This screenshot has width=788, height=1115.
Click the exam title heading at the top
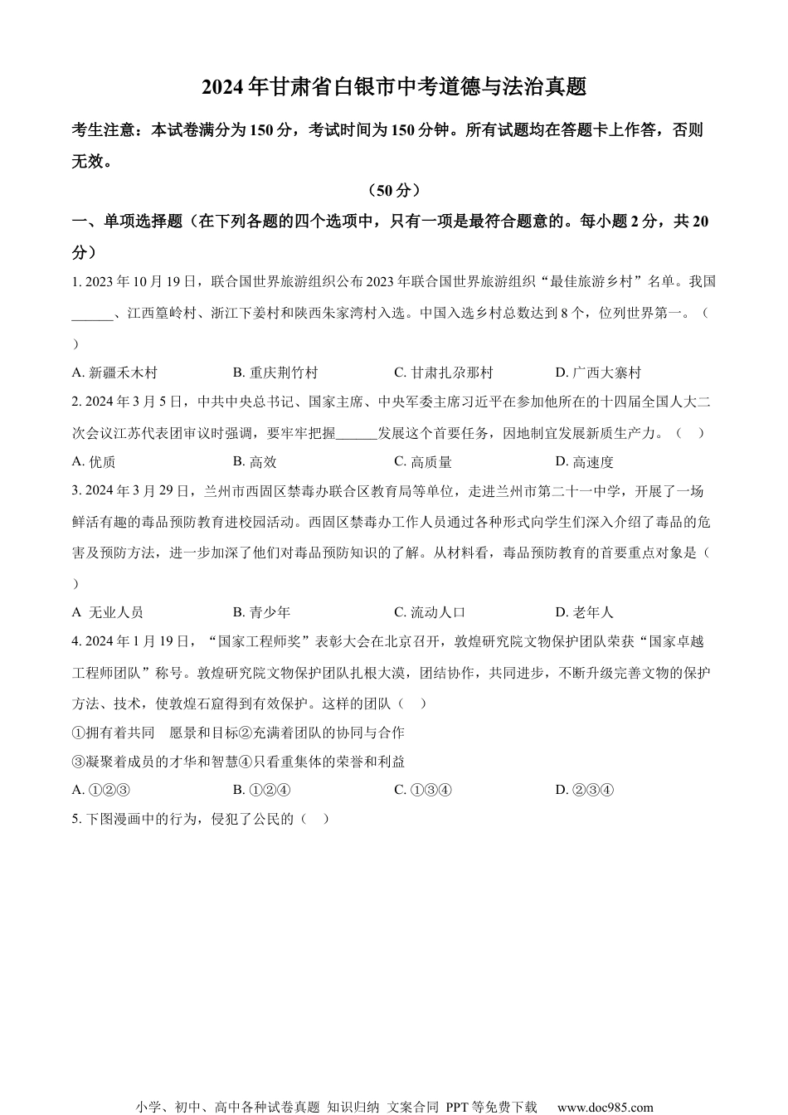pos(394,87)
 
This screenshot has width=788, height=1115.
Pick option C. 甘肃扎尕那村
pos(443,372)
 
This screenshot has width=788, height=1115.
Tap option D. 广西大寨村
pos(598,372)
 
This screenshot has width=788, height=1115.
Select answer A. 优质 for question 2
pos(94,462)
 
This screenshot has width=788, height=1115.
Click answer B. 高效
pos(255,462)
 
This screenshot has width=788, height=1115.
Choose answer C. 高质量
pos(423,462)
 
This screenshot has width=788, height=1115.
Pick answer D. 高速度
pos(585,462)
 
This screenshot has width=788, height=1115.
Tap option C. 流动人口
pos(430,612)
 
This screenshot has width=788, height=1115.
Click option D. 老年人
pos(585,612)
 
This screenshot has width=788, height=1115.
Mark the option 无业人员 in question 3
pos(108,612)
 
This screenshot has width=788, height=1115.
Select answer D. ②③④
pos(585,789)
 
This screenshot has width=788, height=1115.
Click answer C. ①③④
pos(423,789)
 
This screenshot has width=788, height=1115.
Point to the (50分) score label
pos(394,190)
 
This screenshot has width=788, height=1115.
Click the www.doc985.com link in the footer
pos(605,1107)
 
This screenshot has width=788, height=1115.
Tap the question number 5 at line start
pos(75,819)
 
